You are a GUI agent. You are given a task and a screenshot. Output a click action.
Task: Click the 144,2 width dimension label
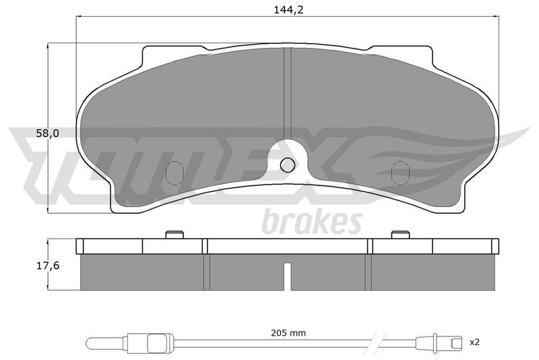(x=288, y=10)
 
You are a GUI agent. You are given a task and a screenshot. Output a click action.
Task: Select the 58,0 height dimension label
(x=47, y=133)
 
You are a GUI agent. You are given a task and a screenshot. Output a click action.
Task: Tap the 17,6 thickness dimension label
(x=48, y=266)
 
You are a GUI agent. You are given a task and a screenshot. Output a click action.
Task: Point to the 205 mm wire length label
(x=288, y=333)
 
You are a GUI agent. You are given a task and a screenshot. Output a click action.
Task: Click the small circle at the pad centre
(x=288, y=165)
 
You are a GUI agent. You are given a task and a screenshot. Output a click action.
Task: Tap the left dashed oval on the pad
(x=175, y=173)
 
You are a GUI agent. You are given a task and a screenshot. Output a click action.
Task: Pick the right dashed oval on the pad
(x=400, y=173)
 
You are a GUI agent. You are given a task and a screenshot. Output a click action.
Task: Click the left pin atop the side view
(x=175, y=235)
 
